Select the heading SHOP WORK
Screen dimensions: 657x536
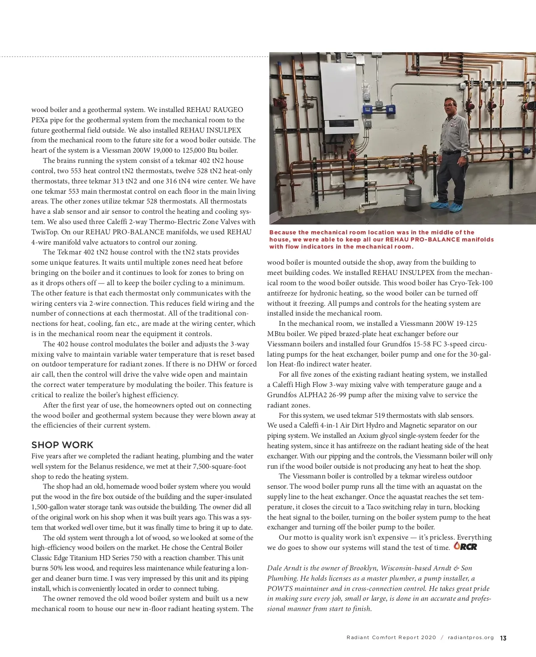coord(63,445)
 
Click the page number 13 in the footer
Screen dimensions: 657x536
coord(503,638)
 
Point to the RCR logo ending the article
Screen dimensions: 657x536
coord(465,546)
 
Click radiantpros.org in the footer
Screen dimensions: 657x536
coord(471,638)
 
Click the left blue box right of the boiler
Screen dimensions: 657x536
coord(368,109)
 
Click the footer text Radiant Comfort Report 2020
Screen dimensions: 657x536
coord(391,638)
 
